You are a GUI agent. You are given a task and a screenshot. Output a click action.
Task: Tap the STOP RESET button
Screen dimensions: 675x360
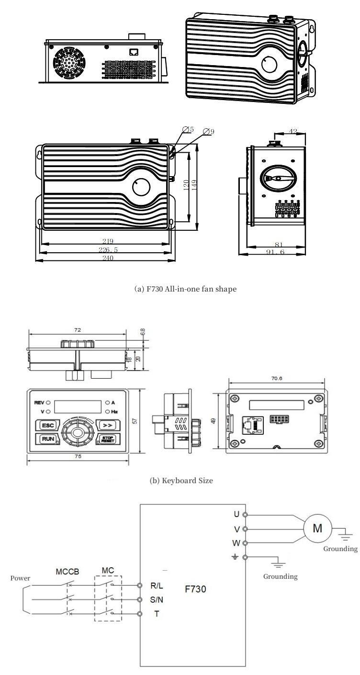(x=107, y=439)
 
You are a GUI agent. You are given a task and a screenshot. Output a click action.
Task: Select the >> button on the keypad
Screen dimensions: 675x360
(x=107, y=424)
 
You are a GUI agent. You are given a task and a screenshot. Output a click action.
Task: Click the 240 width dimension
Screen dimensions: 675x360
(x=107, y=258)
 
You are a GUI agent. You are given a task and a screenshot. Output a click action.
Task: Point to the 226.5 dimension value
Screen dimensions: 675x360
(x=107, y=249)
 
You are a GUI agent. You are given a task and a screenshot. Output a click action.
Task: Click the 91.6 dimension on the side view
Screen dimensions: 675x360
(x=276, y=251)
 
